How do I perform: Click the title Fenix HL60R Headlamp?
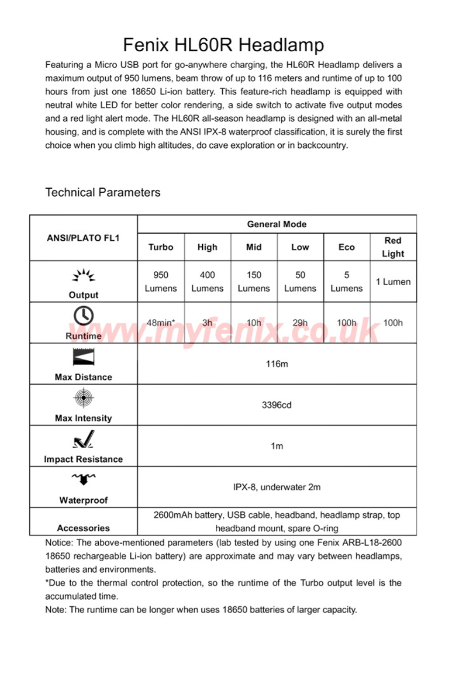point(223,44)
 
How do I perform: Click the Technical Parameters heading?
point(103,193)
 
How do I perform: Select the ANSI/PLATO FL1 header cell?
point(84,237)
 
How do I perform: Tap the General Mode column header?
point(276,225)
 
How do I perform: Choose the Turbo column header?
point(161,247)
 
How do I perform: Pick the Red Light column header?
point(393,247)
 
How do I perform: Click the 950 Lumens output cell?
point(161,282)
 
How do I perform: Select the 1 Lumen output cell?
point(393,282)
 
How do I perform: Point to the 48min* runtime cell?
point(161,323)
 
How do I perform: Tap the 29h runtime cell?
point(300,323)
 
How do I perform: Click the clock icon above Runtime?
point(84,316)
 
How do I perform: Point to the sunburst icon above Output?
point(84,276)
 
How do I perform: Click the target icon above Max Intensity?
point(84,398)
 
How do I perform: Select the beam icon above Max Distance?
point(84,357)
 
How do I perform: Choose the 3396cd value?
point(276,405)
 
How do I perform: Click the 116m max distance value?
point(276,364)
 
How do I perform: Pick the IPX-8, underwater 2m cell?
point(276,487)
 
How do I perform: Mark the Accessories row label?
point(84,528)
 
